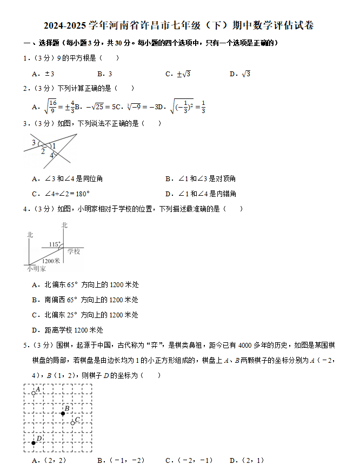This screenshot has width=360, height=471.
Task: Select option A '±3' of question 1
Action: pyautogui.click(x=43, y=74)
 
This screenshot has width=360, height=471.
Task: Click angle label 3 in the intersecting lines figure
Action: pyautogui.click(x=34, y=143)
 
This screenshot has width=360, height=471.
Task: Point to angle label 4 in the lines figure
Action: pyautogui.click(x=52, y=156)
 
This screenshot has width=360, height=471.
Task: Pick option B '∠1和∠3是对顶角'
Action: pyautogui.click(x=201, y=178)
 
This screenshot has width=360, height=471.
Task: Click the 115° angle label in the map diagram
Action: pyautogui.click(x=54, y=244)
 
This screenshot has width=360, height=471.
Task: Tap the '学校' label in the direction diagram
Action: pyautogui.click(x=74, y=251)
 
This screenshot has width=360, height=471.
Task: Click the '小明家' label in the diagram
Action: pyautogui.click(x=36, y=269)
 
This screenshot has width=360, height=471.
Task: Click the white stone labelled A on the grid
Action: pyautogui.click(x=34, y=393)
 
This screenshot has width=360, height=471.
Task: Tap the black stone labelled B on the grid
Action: pyautogui.click(x=63, y=413)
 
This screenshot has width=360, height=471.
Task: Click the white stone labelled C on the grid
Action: pyautogui.click(x=72, y=423)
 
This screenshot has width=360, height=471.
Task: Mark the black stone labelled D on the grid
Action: pyautogui.click(x=34, y=443)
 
